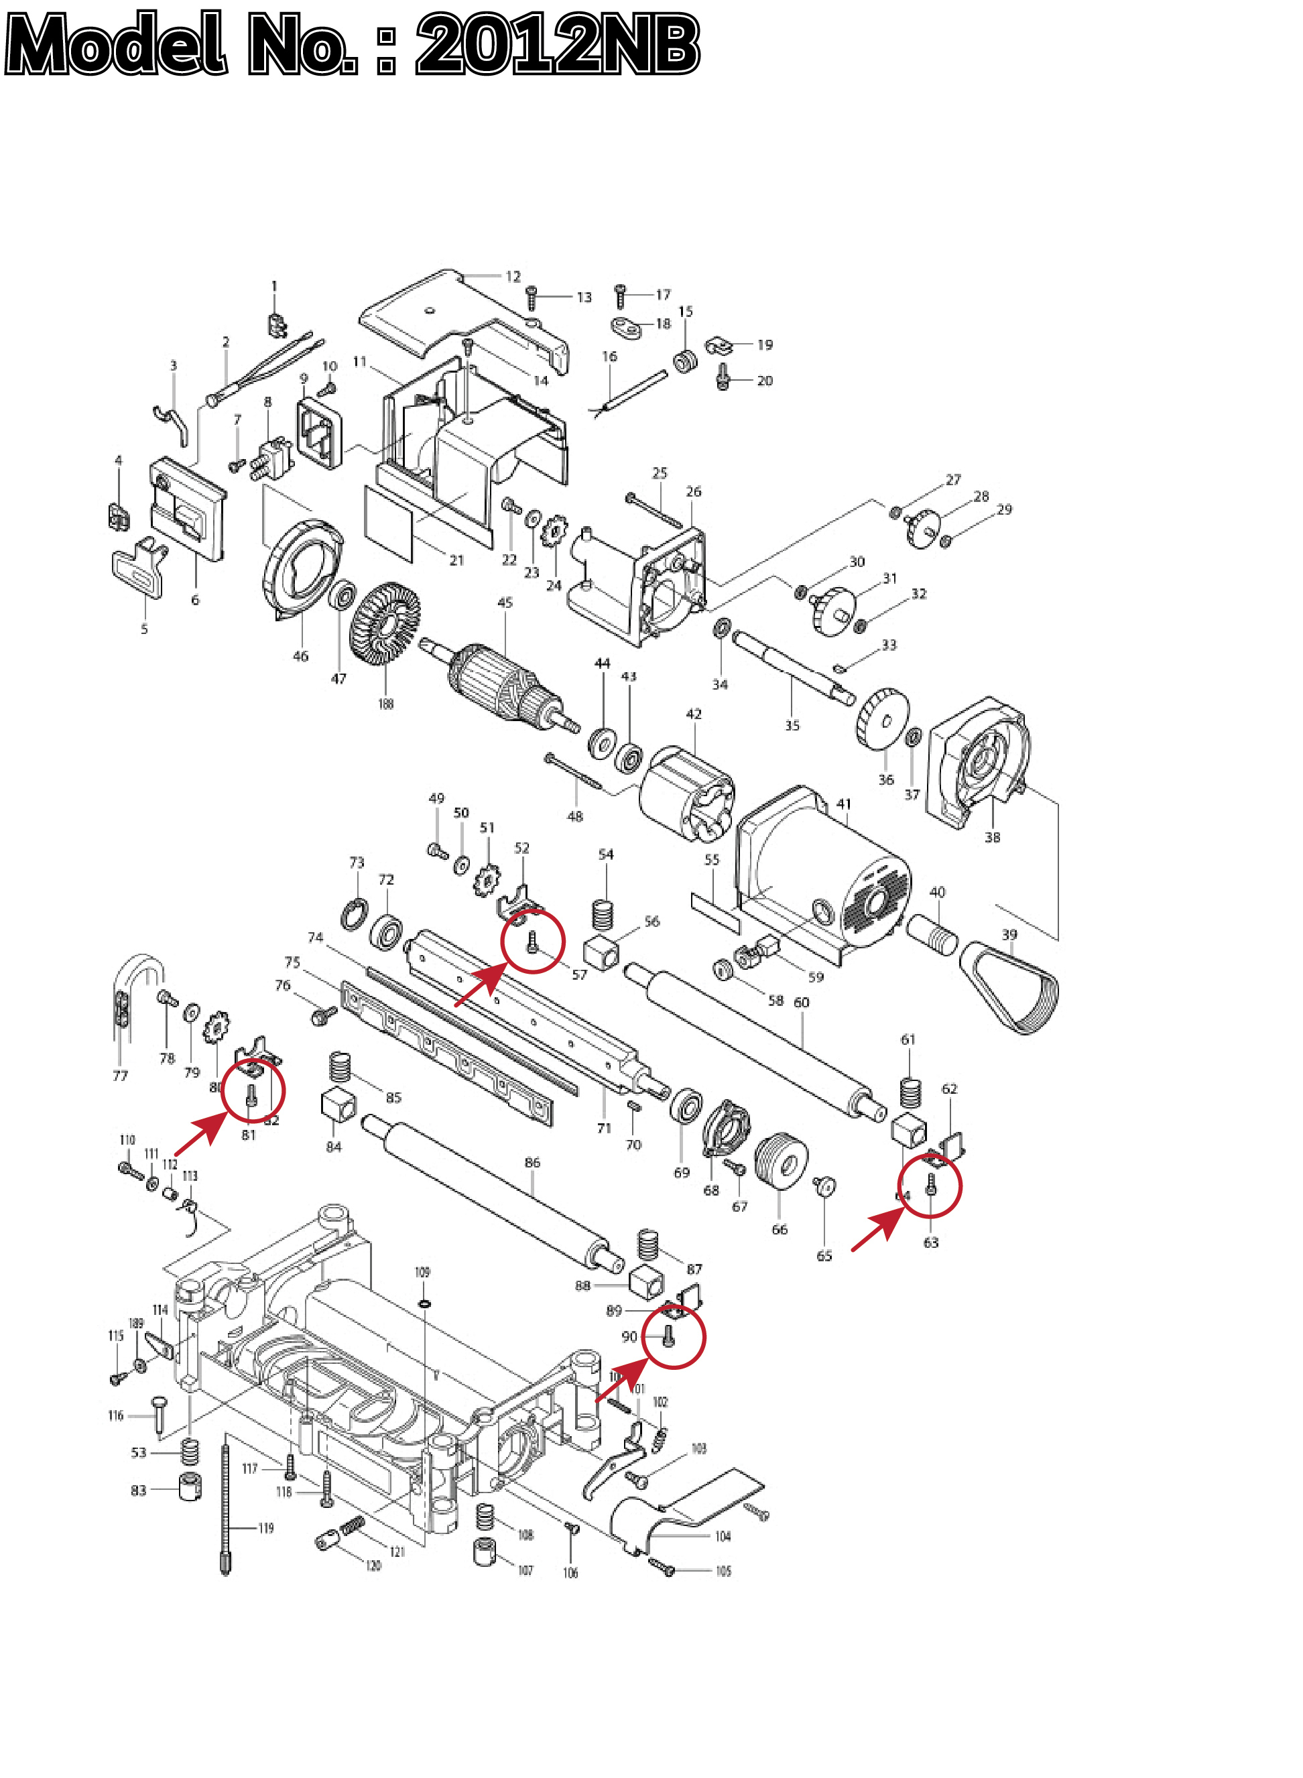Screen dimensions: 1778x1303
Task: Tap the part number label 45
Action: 505,602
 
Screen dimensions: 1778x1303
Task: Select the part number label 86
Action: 532,1162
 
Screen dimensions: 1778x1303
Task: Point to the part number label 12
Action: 513,277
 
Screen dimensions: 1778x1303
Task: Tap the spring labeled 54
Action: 603,914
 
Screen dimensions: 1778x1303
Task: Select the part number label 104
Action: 723,1536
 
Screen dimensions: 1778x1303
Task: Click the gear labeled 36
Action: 883,719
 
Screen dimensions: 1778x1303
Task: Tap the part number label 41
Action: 844,804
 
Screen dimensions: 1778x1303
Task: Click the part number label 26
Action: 693,491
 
